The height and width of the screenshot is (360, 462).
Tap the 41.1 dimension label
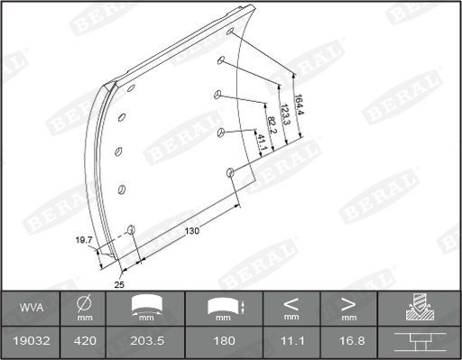tap(261, 142)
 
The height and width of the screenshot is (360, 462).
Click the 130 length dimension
tap(191, 231)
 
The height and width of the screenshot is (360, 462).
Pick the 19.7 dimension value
tap(84, 241)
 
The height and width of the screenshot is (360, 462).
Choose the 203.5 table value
tap(145, 342)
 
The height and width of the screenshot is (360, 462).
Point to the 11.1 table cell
tap(291, 342)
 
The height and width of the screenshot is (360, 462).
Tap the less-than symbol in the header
tap(291, 302)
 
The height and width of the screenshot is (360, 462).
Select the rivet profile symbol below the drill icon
tap(418, 341)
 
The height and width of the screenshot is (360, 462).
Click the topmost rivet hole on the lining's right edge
tap(230, 33)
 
